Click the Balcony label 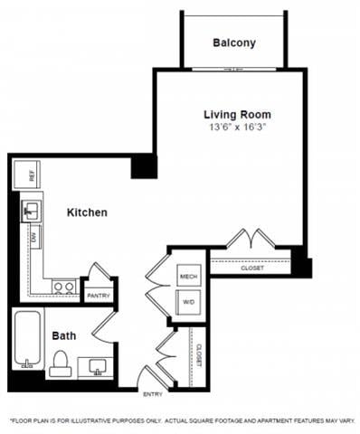233,42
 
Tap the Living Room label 237,115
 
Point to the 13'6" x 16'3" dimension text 237,128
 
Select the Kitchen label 88,212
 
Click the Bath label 63,335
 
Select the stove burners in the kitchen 63,287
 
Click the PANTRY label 97,295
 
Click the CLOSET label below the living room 252,268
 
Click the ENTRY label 153,393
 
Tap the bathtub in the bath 29,340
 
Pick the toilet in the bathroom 62,363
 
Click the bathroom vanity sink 97,365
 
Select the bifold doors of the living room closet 248,241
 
